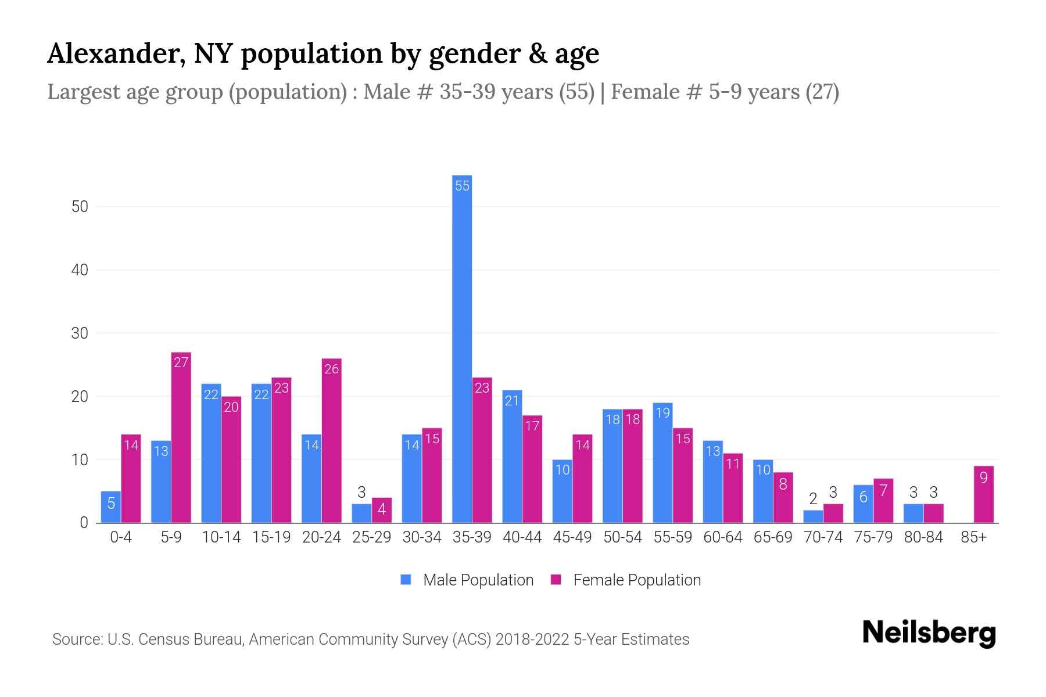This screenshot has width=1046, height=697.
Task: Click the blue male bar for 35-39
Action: click(462, 348)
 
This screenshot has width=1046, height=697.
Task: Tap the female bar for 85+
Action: click(984, 494)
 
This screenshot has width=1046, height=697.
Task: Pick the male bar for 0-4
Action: click(111, 507)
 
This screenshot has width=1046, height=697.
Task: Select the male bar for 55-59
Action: click(662, 462)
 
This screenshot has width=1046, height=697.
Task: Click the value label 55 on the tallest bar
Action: click(462, 186)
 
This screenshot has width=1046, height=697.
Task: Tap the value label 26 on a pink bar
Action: click(331, 369)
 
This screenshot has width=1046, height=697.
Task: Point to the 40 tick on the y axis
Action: click(80, 270)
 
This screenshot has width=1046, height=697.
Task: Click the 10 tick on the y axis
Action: click(80, 460)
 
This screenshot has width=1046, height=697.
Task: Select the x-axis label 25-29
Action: click(371, 537)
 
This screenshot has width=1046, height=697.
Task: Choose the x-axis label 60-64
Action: click(722, 537)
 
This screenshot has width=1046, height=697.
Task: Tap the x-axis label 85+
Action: click(973, 537)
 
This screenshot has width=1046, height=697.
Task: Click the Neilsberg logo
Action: click(929, 633)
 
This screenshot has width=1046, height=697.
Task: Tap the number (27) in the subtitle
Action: click(822, 92)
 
